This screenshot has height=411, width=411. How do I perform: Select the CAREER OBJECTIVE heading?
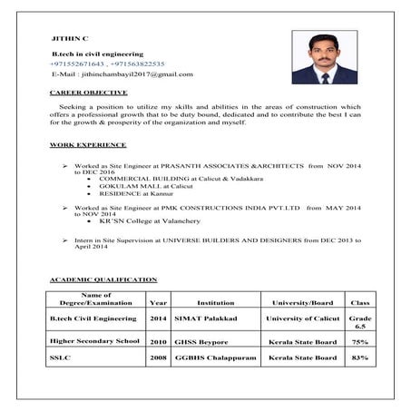tap(88, 93)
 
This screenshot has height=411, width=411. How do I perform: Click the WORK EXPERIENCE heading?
tap(88, 145)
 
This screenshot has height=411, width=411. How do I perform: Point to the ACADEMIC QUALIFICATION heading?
tap(103, 279)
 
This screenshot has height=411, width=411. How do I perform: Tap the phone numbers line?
tap(107, 64)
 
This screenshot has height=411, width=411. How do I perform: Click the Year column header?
tap(158, 301)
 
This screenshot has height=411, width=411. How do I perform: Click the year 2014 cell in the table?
tap(158, 319)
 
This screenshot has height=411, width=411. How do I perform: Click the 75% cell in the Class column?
tap(359, 342)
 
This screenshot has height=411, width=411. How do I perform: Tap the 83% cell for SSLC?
tap(359, 359)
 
